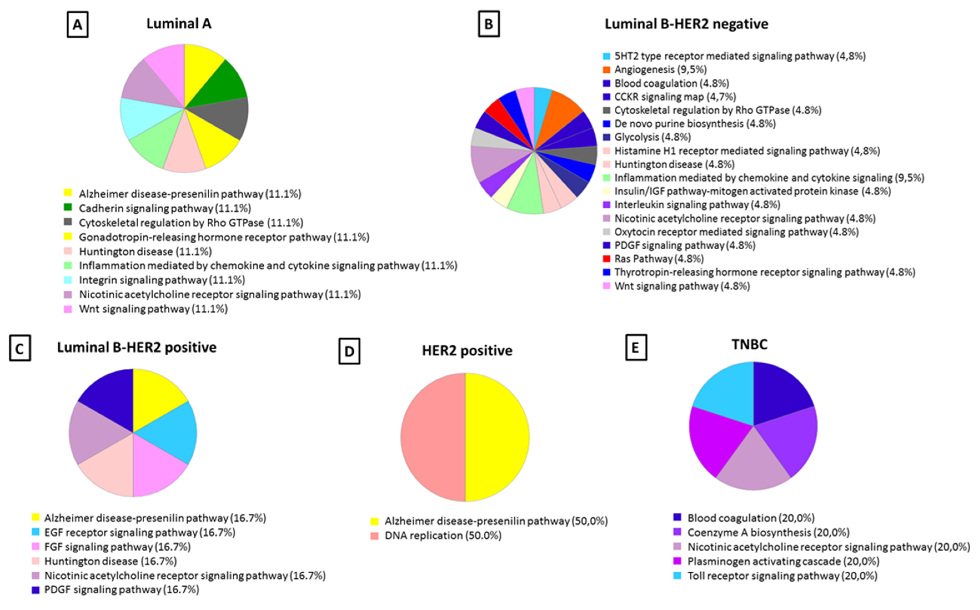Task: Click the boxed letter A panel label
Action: (x=77, y=25)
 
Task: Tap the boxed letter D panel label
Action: (x=349, y=352)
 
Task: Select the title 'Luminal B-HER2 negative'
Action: (x=686, y=24)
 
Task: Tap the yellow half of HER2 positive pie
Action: (x=498, y=437)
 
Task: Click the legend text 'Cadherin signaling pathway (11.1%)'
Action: (x=165, y=209)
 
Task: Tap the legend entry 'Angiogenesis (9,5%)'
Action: (x=660, y=70)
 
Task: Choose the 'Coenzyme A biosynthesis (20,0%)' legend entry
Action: (x=768, y=533)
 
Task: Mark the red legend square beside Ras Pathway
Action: (x=606, y=258)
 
